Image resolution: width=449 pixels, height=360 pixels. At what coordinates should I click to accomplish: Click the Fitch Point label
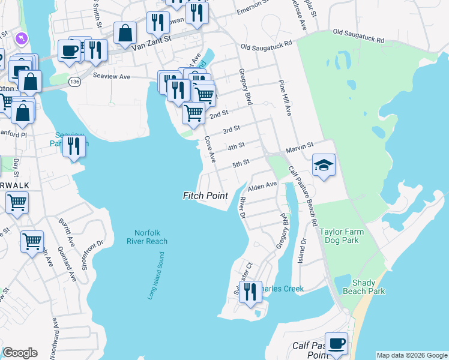tap(205, 196)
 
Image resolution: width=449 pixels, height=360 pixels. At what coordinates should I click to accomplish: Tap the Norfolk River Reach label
tap(147, 237)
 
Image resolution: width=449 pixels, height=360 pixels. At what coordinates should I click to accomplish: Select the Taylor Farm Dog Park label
tap(348, 236)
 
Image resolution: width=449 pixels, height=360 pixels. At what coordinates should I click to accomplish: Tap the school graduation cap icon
tap(324, 166)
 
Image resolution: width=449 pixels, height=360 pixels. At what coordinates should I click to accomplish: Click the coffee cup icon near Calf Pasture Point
tap(336, 344)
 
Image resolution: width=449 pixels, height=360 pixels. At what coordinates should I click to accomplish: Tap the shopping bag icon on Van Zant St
tap(125, 34)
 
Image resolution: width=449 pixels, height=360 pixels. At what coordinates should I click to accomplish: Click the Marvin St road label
tap(300, 146)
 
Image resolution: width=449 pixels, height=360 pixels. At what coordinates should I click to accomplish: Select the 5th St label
tap(241, 163)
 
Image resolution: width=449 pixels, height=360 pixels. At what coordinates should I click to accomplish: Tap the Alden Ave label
tap(262, 185)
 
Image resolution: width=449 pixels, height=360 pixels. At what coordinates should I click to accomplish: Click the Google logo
tap(20, 353)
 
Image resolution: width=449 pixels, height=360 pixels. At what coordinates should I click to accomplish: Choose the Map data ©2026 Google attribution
tap(412, 355)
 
